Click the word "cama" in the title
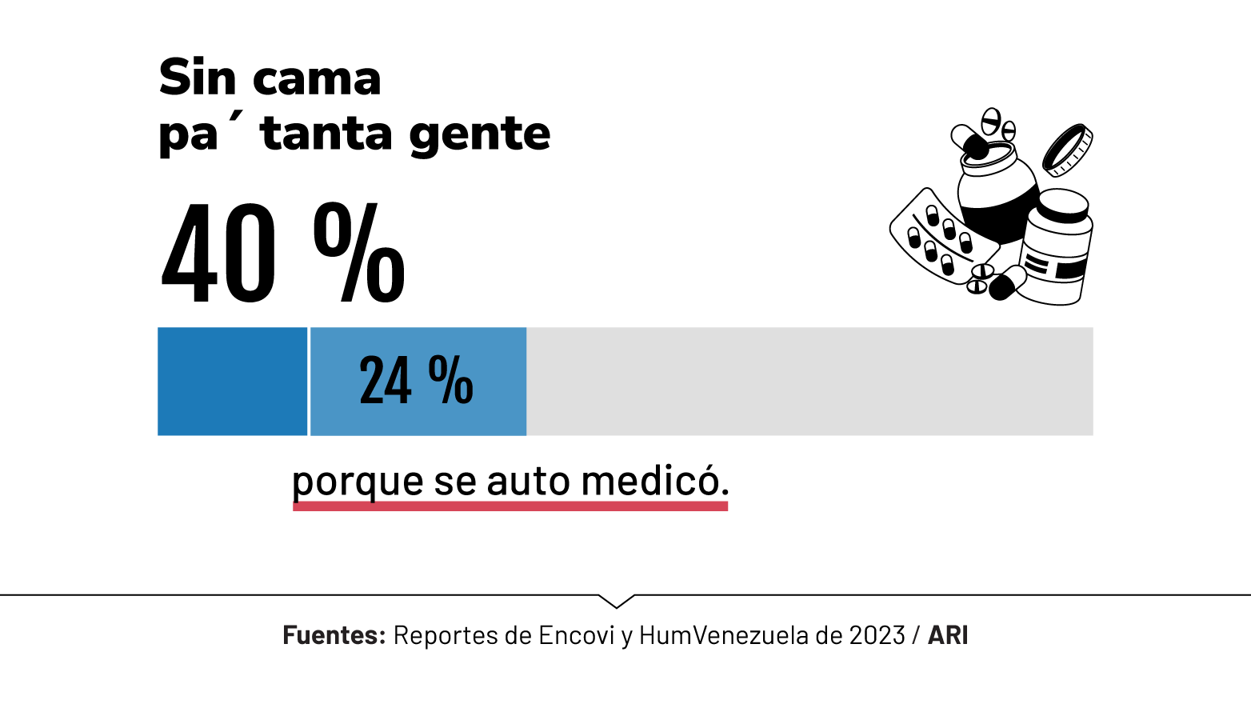tap(317, 79)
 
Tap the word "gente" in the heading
tap(479, 134)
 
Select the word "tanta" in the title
tap(327, 134)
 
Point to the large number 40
tap(218, 255)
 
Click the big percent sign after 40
tap(359, 253)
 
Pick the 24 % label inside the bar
tap(416, 382)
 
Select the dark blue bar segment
tap(232, 382)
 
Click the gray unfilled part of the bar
tap(808, 382)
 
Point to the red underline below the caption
tap(510, 506)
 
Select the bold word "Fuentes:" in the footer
tap(334, 635)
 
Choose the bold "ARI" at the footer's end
tap(948, 635)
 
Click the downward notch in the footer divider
tap(616, 601)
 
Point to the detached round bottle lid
tap(1067, 150)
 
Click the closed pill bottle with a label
tap(1056, 248)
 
